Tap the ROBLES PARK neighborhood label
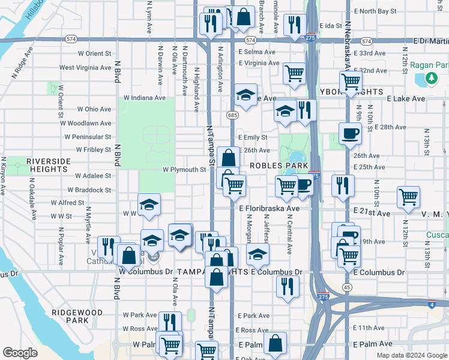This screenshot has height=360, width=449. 274,165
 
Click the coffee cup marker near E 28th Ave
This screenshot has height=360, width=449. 350,133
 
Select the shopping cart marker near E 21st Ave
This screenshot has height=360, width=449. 408,197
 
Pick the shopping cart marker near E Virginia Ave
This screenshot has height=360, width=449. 294,73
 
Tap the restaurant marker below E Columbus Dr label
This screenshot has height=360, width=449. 288,286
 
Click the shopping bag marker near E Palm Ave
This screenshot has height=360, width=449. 275,343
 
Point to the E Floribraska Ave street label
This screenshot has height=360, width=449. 269,209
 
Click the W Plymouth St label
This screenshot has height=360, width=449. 184,170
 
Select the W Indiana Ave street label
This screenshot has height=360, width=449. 144,98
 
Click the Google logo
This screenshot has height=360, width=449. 20,353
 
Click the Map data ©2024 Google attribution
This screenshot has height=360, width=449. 411,355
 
